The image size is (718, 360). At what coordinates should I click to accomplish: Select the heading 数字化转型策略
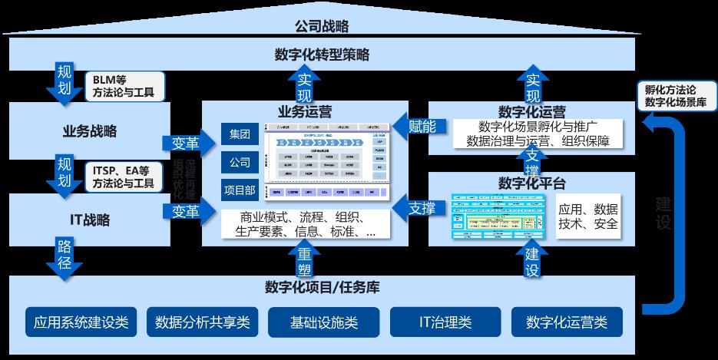point(322,55)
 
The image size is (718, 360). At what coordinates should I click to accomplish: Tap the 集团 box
point(239,134)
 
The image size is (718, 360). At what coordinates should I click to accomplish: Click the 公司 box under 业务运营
point(239,163)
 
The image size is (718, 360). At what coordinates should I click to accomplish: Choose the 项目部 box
point(239,191)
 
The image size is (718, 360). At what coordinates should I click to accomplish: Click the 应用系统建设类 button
point(81,322)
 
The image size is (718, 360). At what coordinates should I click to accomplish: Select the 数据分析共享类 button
point(203,322)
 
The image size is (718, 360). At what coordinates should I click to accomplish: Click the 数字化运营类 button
point(567,322)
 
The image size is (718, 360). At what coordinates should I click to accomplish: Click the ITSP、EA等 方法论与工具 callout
point(123,176)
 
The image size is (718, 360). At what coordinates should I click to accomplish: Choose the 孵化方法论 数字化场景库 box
point(677,95)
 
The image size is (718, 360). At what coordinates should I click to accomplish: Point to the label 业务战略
point(90,130)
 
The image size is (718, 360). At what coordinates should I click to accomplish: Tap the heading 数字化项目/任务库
point(322,288)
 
